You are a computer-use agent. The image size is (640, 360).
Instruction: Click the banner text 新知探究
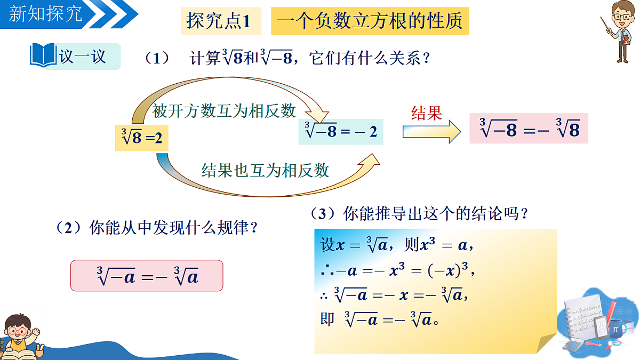pyautogui.click(x=45, y=14)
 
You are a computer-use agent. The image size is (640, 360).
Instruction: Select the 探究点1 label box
pyautogui.click(x=221, y=21)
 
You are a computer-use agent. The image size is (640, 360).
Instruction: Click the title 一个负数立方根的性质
pyautogui.click(x=370, y=21)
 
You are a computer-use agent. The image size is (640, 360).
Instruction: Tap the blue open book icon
pyautogui.click(x=43, y=55)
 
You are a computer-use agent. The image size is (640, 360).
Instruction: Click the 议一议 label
pyautogui.click(x=83, y=57)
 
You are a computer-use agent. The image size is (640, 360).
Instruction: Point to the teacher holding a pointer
pyautogui.click(x=619, y=31)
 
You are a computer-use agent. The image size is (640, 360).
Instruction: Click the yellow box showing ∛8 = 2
pyautogui.click(x=142, y=138)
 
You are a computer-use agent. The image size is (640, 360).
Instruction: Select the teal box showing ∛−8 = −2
pyautogui.click(x=341, y=132)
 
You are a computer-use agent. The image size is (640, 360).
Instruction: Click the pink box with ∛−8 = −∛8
pyautogui.click(x=529, y=129)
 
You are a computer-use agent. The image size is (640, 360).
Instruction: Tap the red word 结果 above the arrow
pyautogui.click(x=427, y=114)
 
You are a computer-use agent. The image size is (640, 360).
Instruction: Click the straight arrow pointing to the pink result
pyautogui.click(x=431, y=132)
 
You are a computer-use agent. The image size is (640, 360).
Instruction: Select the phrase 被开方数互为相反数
pyautogui.click(x=223, y=111)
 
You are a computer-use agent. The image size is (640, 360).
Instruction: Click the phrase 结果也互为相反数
pyautogui.click(x=266, y=171)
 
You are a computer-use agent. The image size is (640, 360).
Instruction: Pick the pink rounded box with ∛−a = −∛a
pyautogui.click(x=147, y=275)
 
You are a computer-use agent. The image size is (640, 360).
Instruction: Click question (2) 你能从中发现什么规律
pyautogui.click(x=157, y=228)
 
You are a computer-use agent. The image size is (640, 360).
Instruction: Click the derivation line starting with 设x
pyautogui.click(x=397, y=245)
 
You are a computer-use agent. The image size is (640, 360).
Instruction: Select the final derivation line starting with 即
pyautogui.click(x=380, y=319)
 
